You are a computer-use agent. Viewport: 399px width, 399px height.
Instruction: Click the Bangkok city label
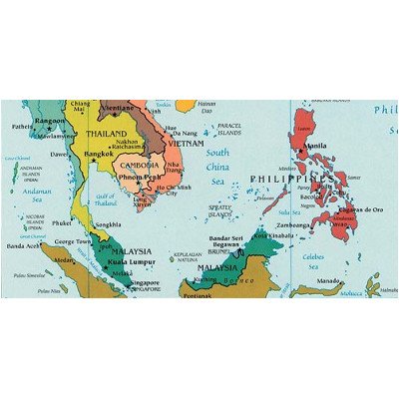click(99, 155)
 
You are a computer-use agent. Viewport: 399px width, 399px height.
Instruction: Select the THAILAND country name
click(107, 134)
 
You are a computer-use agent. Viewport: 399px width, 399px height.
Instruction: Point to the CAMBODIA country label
click(141, 165)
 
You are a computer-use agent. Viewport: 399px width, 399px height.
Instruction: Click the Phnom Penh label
click(140, 177)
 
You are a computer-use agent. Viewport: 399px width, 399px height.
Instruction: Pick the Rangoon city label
click(49, 122)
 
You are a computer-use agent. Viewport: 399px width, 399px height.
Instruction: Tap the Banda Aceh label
click(23, 245)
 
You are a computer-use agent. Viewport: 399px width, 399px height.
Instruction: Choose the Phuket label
click(62, 223)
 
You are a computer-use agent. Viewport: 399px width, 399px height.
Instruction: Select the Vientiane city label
click(117, 108)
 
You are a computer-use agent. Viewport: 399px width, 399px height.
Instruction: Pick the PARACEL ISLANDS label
click(229, 128)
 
